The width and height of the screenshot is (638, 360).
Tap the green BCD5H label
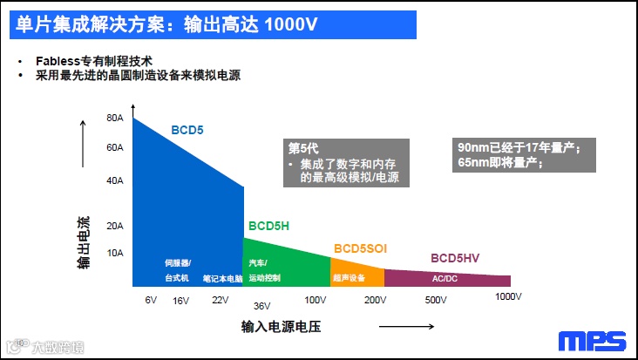pyautogui.click(x=268, y=225)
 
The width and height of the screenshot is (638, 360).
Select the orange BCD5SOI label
pyautogui.click(x=359, y=248)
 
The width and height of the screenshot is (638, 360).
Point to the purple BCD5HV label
pyautogui.click(x=455, y=258)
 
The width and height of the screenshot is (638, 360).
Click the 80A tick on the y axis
pyautogui.click(x=115, y=118)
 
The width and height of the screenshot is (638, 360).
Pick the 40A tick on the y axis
pyautogui.click(x=115, y=180)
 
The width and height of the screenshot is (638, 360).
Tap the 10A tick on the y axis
pyautogui.click(x=115, y=253)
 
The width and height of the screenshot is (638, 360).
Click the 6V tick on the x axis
pyautogui.click(x=151, y=300)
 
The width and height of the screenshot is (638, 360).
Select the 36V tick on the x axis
pyautogui.click(x=262, y=306)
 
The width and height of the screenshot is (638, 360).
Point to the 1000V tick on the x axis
pyautogui.click(x=508, y=296)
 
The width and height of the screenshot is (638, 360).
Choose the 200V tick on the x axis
pyautogui.click(x=375, y=300)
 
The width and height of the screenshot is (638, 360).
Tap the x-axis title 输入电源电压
pyautogui.click(x=282, y=328)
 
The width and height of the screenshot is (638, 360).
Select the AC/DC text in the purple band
pyautogui.click(x=445, y=279)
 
